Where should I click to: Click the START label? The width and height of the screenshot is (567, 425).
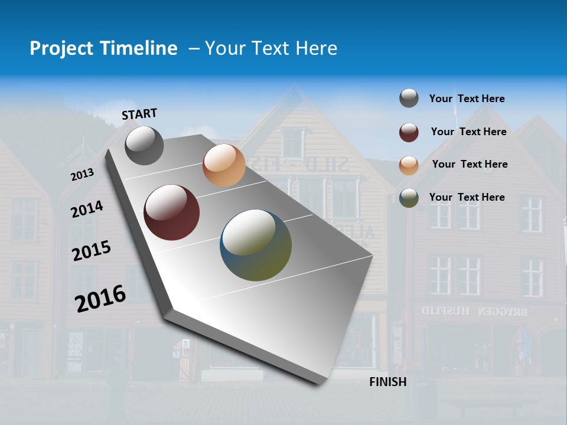point(139,114)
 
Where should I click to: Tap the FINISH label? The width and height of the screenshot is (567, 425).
point(388,382)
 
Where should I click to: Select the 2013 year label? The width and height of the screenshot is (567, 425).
point(82,175)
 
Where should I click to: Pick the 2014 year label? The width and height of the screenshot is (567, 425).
point(87,210)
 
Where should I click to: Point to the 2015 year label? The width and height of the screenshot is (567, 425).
point(92,251)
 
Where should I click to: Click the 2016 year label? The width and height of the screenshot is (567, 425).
point(100,298)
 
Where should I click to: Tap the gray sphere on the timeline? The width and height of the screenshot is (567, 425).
point(144,145)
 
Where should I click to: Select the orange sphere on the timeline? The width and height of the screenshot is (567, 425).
point(224,165)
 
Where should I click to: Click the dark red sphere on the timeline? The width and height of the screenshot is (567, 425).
point(172,212)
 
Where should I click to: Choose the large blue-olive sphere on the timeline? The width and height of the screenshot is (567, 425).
point(256,245)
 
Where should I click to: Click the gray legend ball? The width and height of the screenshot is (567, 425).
point(409,99)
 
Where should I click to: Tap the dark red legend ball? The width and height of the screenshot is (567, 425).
point(409,132)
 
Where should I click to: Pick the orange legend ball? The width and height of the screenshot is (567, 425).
point(409,165)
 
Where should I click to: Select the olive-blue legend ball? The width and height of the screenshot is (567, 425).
point(409,198)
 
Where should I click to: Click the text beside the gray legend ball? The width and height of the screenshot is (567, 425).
point(467,99)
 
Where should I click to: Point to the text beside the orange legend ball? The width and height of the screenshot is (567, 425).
point(470,164)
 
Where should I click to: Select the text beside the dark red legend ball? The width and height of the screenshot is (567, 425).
point(468,132)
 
